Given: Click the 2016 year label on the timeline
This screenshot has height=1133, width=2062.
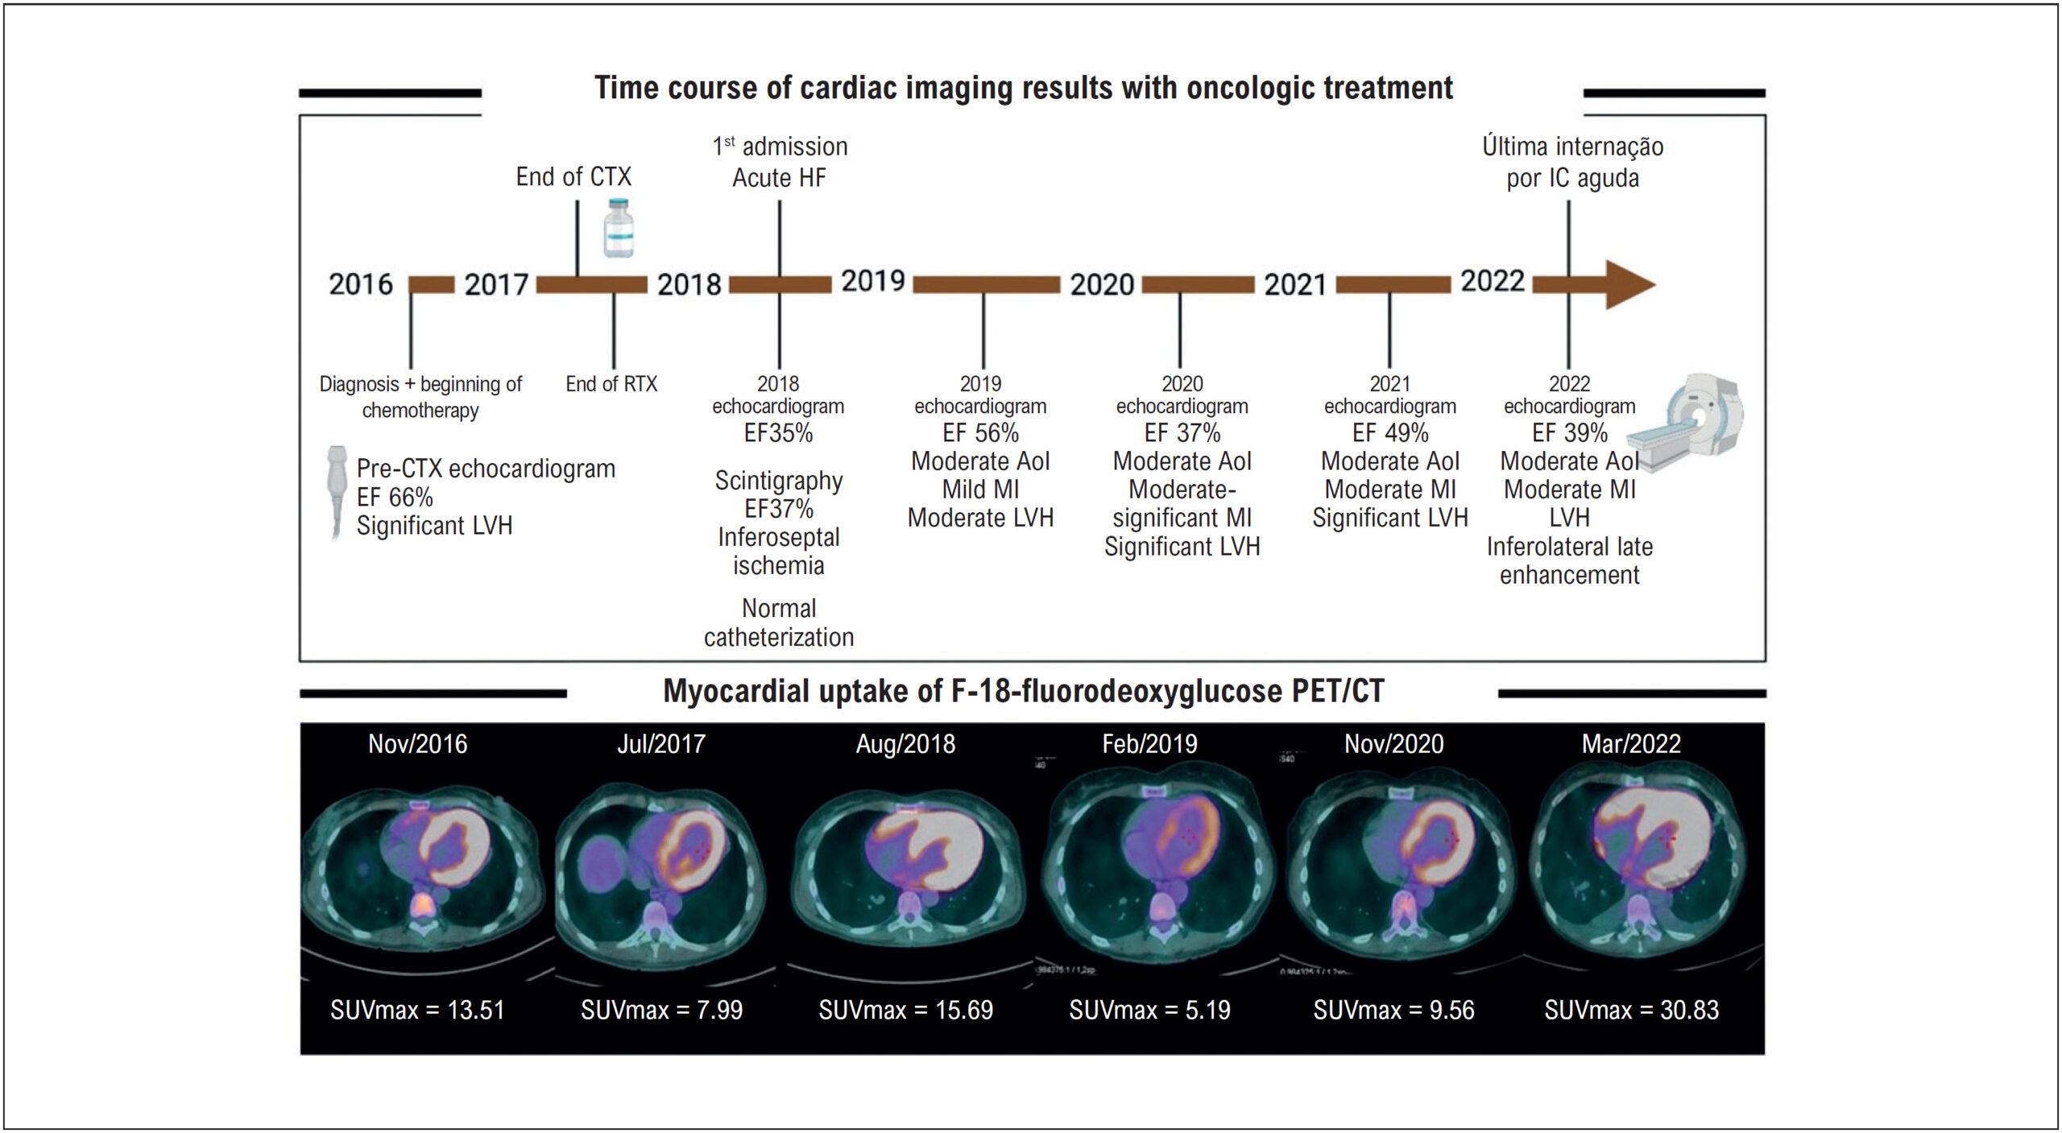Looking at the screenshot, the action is [x=360, y=284].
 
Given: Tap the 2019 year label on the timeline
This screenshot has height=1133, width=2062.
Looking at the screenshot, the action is [x=873, y=281].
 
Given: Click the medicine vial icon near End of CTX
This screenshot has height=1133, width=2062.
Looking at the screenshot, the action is [x=619, y=229].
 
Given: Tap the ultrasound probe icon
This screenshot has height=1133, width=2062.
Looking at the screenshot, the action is [x=337, y=491].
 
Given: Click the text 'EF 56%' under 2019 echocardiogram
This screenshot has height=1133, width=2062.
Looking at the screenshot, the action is [x=980, y=433].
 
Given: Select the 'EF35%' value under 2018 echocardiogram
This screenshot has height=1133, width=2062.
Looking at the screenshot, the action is [x=778, y=433].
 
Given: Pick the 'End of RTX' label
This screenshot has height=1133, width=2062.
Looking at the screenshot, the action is [x=611, y=384].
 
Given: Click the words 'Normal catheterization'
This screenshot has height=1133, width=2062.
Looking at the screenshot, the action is [x=779, y=622].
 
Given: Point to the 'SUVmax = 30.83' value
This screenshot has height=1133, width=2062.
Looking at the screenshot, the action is [x=1631, y=1010].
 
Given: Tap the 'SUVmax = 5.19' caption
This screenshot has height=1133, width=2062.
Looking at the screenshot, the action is [x=1149, y=1010].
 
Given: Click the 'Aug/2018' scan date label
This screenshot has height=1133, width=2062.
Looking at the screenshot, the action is [x=905, y=744].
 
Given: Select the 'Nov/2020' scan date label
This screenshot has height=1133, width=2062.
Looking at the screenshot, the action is [x=1393, y=744].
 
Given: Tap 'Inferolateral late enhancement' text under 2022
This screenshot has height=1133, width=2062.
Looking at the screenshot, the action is [x=1569, y=561].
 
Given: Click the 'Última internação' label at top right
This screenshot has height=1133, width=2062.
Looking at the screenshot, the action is [x=1572, y=147].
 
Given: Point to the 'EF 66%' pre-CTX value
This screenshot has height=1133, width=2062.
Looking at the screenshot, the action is [x=395, y=498].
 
